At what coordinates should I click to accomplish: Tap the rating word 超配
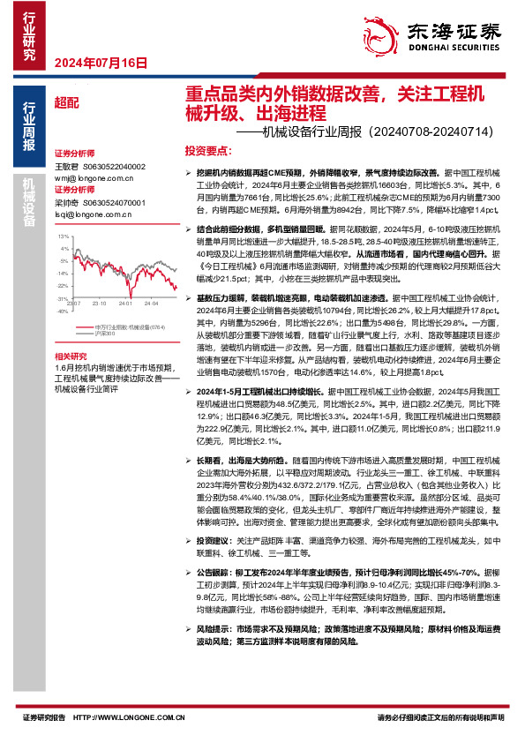pyautogui.click(x=65, y=102)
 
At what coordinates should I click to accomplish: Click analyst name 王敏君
pyautogui.click(x=67, y=166)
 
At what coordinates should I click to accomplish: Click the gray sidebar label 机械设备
pyautogui.click(x=28, y=206)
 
